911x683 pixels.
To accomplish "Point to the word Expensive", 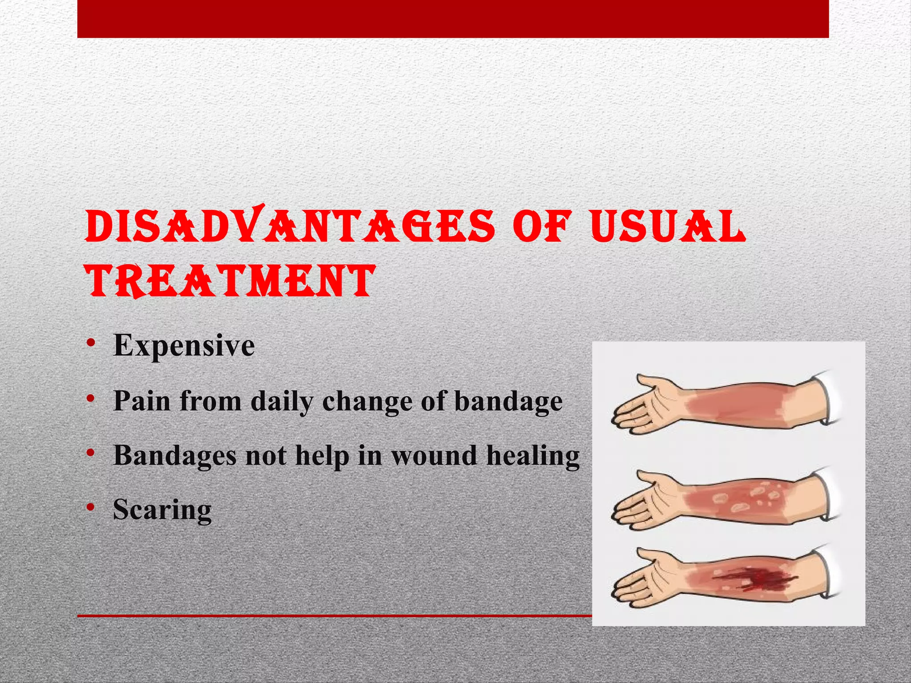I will coord(184,346).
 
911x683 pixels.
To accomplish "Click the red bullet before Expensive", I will coord(91,343).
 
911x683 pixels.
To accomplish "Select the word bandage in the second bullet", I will coord(508,402).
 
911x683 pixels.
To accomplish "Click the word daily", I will coord(282,402).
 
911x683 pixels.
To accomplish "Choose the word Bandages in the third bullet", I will coord(175,456).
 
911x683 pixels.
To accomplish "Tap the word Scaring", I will coord(162,510).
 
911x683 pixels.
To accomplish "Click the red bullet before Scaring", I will coord(91,507).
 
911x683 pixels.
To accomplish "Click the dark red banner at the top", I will coord(453,19).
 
